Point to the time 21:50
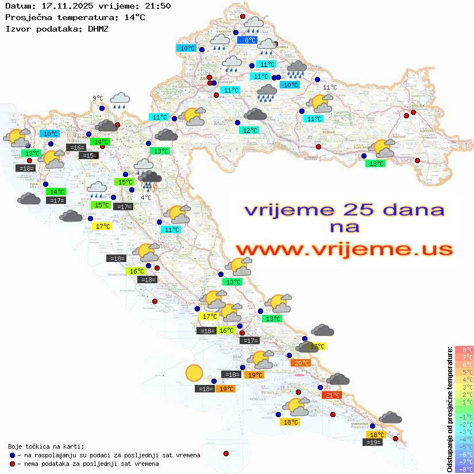pos(158,6)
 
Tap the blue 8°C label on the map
pos(249,40)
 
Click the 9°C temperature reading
pos(98,98)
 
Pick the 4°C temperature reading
pos(146,198)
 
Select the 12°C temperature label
pos(249,130)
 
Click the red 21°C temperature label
pos(333,395)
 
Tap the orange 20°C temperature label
pos(301,363)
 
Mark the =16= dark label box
pos(76,148)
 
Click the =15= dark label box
pos(88,156)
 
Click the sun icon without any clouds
pos(194,374)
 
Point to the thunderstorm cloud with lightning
pos(150,180)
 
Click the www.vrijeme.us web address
pos(344,249)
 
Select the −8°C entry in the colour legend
pos(464,469)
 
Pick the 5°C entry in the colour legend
pos(464,372)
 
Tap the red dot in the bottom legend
pos(13,464)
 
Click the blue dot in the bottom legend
pos(13,455)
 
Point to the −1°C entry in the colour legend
pos(464,417)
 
